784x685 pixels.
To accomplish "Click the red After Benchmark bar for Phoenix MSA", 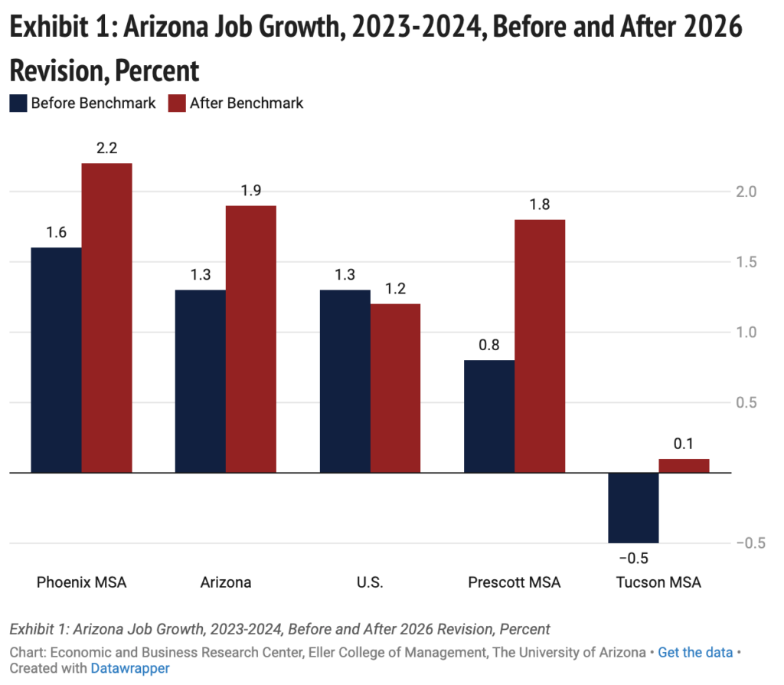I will (106, 318).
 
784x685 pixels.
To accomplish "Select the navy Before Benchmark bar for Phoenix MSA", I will (56, 360).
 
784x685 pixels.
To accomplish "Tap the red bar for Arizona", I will (250, 339).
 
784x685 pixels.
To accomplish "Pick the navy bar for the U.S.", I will (345, 381).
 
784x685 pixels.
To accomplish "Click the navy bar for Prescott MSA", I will (489, 416).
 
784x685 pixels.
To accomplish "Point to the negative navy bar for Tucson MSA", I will (633, 507).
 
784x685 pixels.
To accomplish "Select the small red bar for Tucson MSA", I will (684, 466).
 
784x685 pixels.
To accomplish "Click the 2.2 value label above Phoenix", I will (106, 149).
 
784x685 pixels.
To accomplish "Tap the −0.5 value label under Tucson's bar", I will (633, 557).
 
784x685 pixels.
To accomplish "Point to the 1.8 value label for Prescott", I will (539, 205).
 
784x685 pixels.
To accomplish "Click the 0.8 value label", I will (489, 346).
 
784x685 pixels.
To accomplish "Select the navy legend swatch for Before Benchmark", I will (18, 103).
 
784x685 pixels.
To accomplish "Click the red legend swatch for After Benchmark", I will (177, 103).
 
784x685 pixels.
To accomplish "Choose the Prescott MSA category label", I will (514, 582).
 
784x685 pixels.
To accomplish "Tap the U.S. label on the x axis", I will (370, 582).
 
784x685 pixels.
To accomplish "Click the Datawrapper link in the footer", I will (129, 668).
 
